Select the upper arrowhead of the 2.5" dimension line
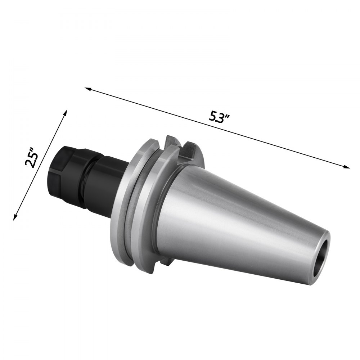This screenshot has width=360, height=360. tap(66, 112)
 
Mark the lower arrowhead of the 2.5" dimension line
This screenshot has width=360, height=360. tap(15, 218)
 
